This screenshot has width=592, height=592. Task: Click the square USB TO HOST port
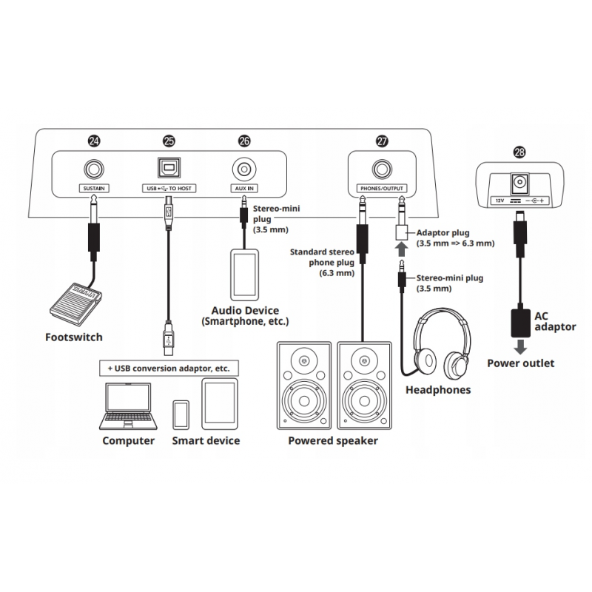168,169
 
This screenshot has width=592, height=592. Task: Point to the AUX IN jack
244,169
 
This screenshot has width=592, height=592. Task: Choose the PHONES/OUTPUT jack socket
382,169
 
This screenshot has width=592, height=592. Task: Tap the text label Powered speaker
333,441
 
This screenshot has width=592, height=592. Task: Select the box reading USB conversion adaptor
168,368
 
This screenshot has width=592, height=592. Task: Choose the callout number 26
244,140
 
